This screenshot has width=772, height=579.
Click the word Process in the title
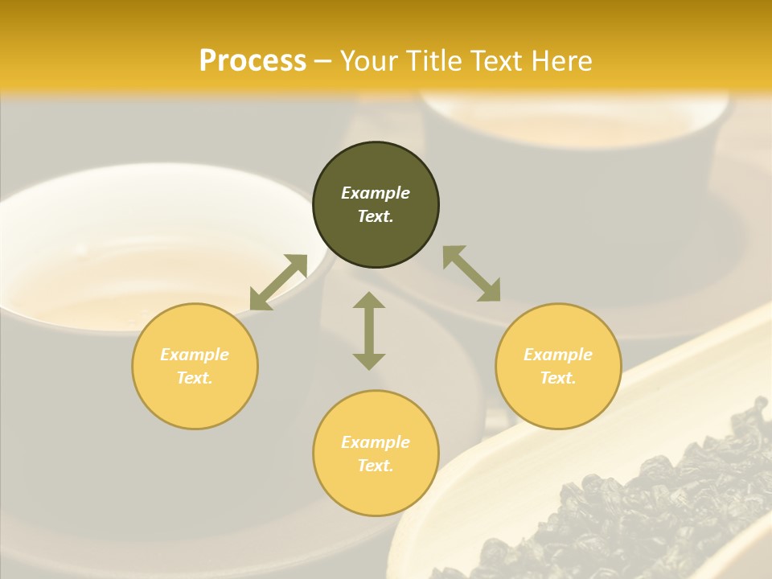[x=253, y=61]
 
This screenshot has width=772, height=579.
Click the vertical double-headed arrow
[x=369, y=331]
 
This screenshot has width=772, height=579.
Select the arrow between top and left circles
[x=279, y=282]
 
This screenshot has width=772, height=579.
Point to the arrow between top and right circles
[x=471, y=273]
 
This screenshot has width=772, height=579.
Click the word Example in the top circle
[x=376, y=193]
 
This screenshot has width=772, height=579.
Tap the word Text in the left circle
[x=195, y=378]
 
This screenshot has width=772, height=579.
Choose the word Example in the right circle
[x=558, y=355]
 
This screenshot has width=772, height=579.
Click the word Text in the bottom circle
[x=376, y=466]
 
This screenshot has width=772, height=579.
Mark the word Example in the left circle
[x=195, y=355]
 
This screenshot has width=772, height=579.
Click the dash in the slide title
[x=323, y=61]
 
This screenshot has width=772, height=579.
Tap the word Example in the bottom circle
[x=376, y=442]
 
